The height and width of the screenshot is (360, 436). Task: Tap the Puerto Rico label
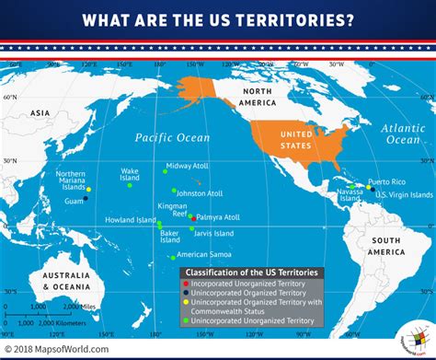click(386, 181)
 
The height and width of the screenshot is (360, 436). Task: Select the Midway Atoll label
click(190, 165)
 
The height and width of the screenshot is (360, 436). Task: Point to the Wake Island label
click(130, 175)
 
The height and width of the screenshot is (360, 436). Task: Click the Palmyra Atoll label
click(219, 217)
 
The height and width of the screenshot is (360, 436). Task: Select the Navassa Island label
click(350, 194)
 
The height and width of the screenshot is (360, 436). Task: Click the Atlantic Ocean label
click(402, 134)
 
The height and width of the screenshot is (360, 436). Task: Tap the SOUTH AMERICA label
click(386, 246)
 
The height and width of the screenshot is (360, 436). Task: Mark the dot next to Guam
click(86, 199)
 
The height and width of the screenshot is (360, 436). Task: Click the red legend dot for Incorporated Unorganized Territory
click(185, 285)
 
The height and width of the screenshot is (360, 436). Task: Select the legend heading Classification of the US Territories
click(253, 273)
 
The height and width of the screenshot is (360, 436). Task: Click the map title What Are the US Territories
click(218, 20)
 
